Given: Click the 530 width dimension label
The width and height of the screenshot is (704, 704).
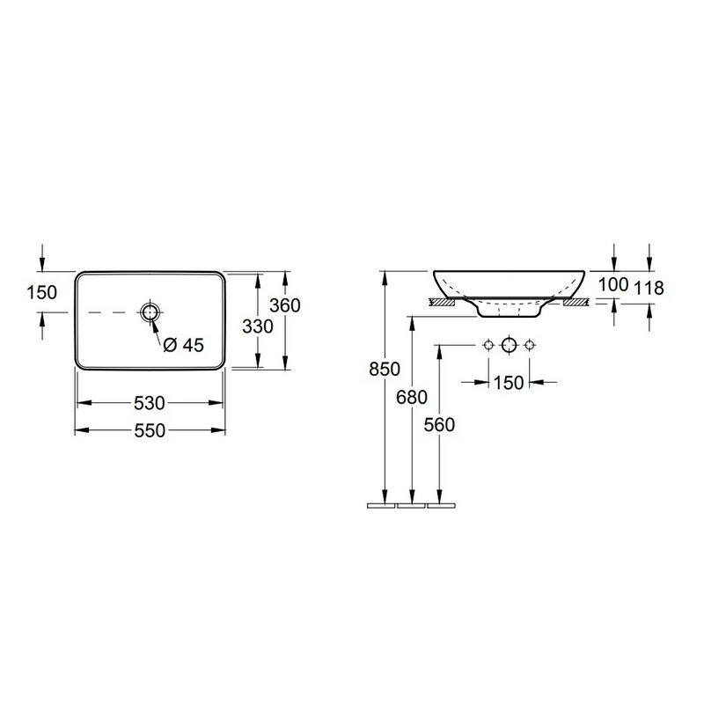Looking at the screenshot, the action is point(150,403).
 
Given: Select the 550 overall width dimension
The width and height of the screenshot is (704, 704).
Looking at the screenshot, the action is point(150,430).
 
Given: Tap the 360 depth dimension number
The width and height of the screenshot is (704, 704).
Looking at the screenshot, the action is point(284,305).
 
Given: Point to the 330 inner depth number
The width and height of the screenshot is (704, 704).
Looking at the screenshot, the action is point(258,326).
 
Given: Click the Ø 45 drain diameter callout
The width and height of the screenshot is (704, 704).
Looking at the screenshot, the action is point(184,345).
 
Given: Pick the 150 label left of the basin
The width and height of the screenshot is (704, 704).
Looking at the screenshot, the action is point(41,293).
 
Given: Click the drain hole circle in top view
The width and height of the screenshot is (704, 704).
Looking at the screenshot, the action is point(150,312).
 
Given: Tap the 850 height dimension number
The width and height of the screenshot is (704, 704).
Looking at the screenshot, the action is point(385,369).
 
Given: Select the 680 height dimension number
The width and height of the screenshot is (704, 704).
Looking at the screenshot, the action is point(412,397).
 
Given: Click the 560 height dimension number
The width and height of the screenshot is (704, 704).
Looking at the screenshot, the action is point(439,425).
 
